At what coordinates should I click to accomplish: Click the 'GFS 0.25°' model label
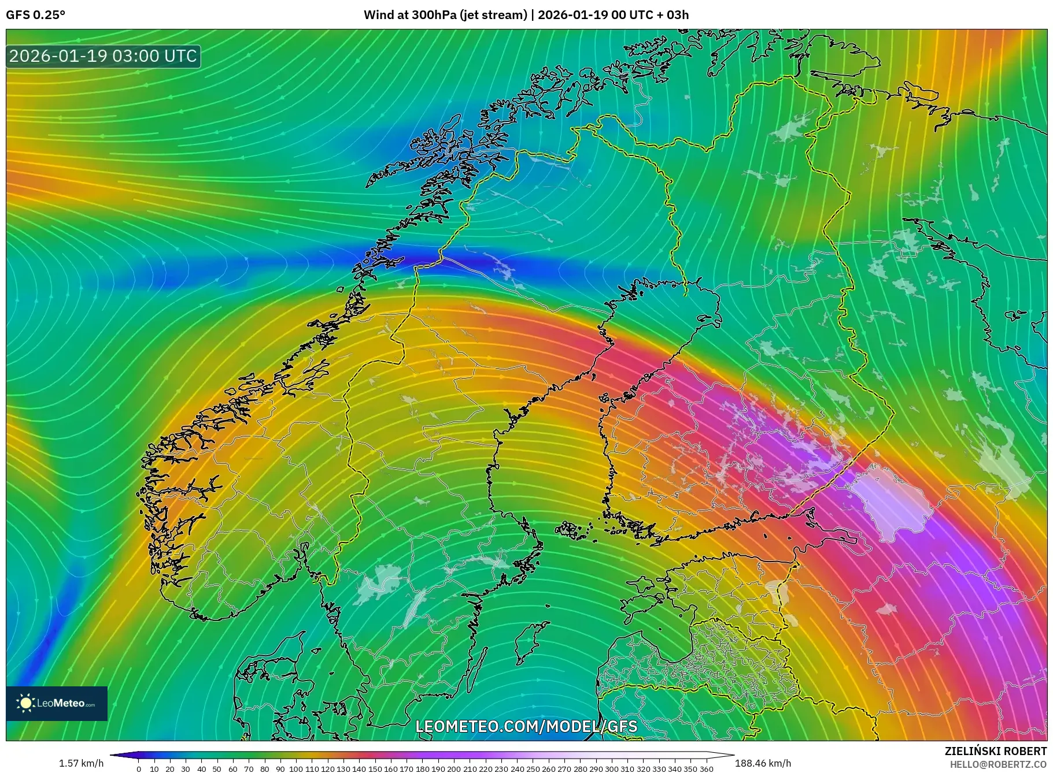[x=35, y=15]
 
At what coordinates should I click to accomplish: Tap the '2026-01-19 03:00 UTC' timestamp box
[x=104, y=56]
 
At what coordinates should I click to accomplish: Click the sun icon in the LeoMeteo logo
[x=25, y=703]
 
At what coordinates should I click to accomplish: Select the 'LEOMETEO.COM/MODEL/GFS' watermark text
[x=526, y=726]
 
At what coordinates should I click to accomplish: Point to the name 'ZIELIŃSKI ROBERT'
[x=995, y=751]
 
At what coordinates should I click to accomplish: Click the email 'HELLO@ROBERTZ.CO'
[x=998, y=764]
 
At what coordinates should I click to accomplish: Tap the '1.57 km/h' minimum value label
[x=81, y=763]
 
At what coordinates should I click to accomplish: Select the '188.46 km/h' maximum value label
[x=763, y=763]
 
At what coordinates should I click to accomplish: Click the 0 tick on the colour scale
[x=139, y=769]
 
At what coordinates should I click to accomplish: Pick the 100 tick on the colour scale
[x=296, y=769]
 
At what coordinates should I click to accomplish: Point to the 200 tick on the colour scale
[x=454, y=769]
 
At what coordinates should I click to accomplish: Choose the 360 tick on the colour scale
[x=706, y=769]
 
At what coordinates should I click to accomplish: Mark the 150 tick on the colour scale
[x=375, y=769]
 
